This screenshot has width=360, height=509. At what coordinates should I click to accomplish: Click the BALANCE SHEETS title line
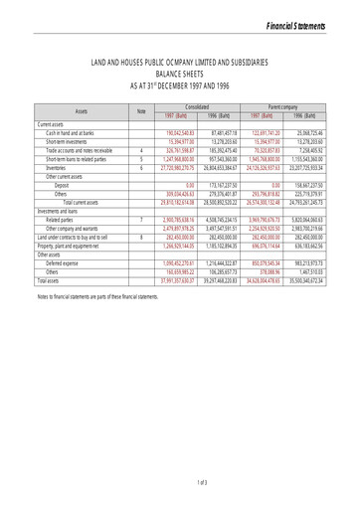coord(180,73)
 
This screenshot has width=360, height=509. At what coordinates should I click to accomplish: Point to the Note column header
coord(142,110)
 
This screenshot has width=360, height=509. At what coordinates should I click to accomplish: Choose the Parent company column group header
coord(284,105)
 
